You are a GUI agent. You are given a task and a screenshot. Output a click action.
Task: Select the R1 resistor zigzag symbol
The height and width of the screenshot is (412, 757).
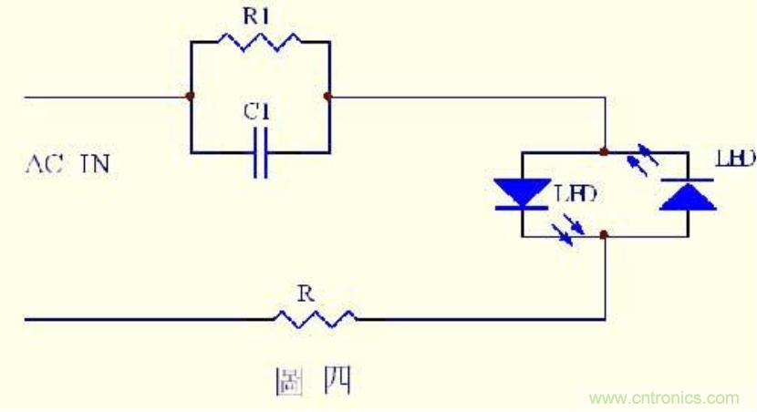pos(259,42)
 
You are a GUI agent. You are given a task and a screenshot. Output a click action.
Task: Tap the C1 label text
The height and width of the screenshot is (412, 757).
pos(258,113)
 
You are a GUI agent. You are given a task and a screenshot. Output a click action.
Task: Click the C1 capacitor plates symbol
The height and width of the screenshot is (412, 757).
pos(260,151)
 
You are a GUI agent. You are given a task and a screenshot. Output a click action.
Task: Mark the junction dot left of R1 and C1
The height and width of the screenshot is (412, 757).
pos(190,96)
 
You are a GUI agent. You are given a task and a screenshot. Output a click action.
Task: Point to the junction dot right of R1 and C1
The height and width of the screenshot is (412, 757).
pos(327,96)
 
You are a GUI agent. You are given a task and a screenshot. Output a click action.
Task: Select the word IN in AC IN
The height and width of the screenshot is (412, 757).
pos(96,165)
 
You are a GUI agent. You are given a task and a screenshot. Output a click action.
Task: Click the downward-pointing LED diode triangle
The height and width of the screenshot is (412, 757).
pos(522,194)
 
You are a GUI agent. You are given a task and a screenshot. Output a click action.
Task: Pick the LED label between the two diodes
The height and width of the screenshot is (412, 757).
pos(576,193)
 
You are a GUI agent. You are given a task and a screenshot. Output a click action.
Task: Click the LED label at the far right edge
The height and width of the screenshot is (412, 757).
pos(736,160)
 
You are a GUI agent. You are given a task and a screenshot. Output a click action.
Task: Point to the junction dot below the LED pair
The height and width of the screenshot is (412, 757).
pos(604,235)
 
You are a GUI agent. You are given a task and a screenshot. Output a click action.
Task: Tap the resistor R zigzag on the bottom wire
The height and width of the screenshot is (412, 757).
pos(316,318)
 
